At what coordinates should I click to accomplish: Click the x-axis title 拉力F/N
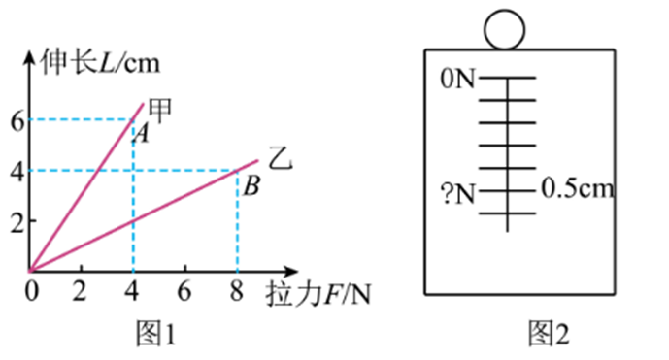[317, 292]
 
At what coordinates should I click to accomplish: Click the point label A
[140, 135]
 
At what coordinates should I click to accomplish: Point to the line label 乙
[280, 156]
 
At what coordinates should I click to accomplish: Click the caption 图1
[155, 335]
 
